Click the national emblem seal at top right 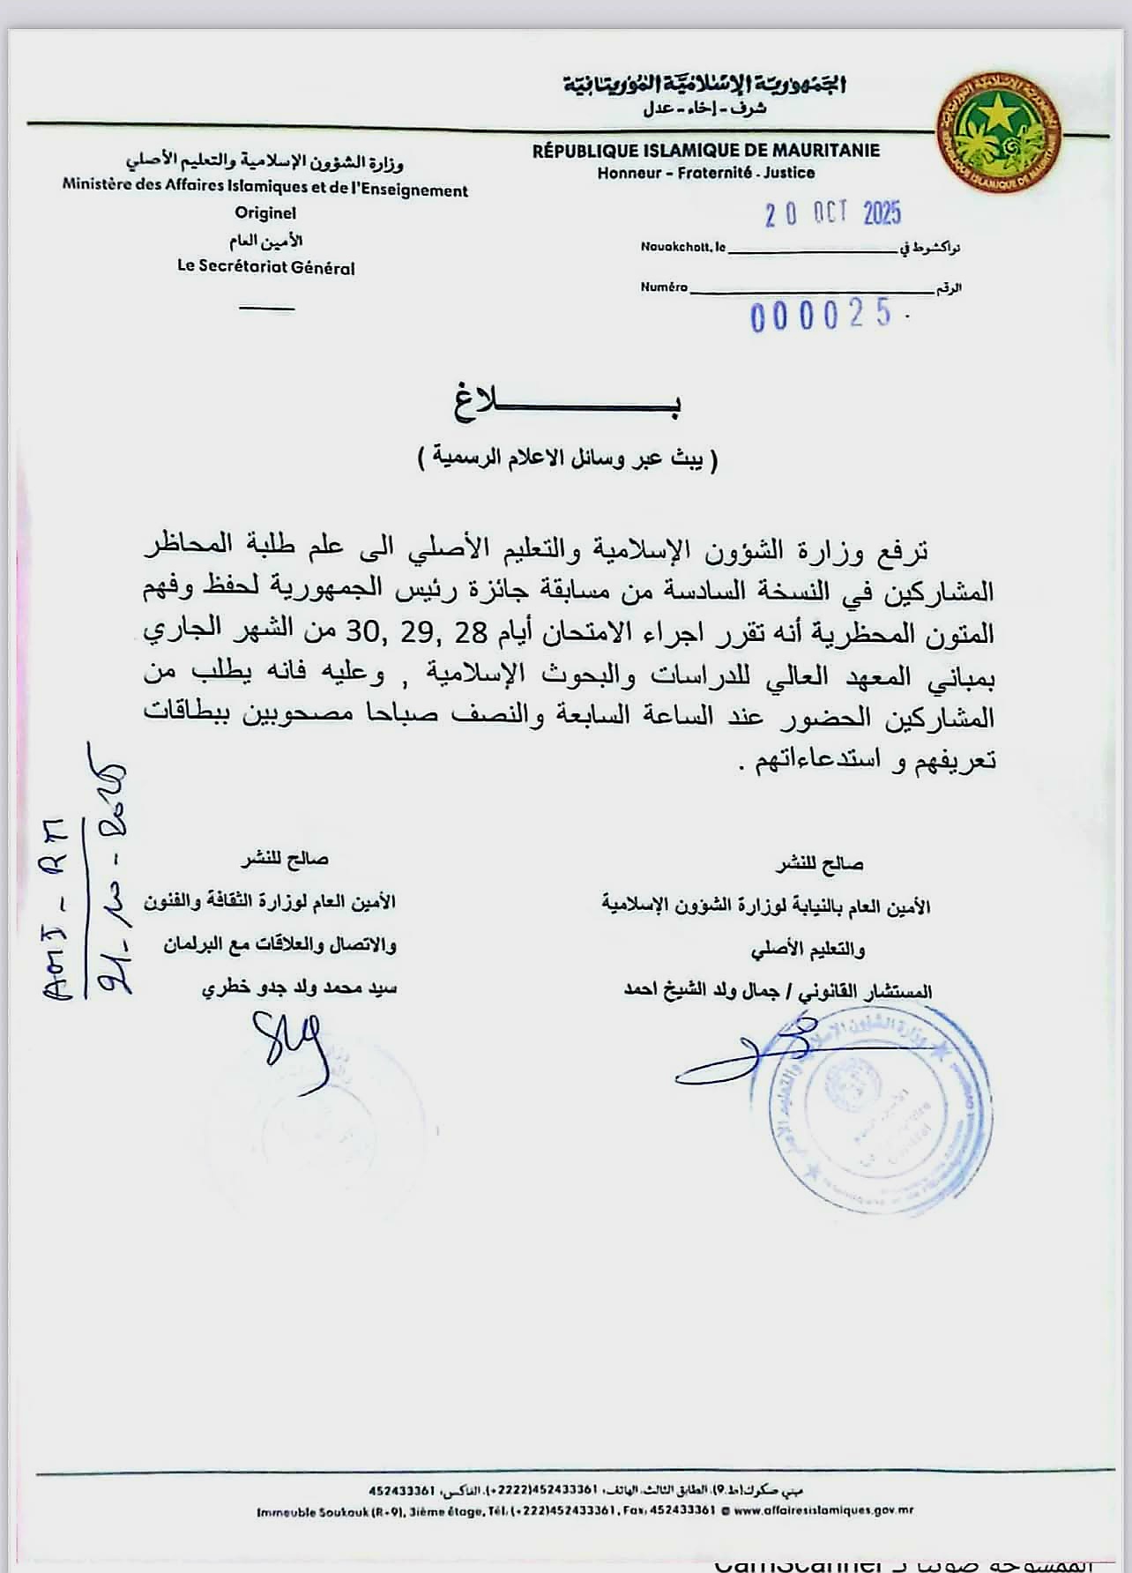click(x=999, y=130)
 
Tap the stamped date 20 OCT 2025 click(x=832, y=213)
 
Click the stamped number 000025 click(x=821, y=316)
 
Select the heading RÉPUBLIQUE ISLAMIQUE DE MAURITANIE click(x=705, y=151)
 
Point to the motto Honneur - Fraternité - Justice click(x=705, y=173)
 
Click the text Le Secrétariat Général click(x=265, y=267)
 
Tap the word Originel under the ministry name click(x=265, y=212)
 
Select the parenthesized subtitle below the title click(x=568, y=458)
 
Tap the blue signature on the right click(x=741, y=1054)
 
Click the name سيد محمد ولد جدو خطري click(x=299, y=988)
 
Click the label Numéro click(x=663, y=287)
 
